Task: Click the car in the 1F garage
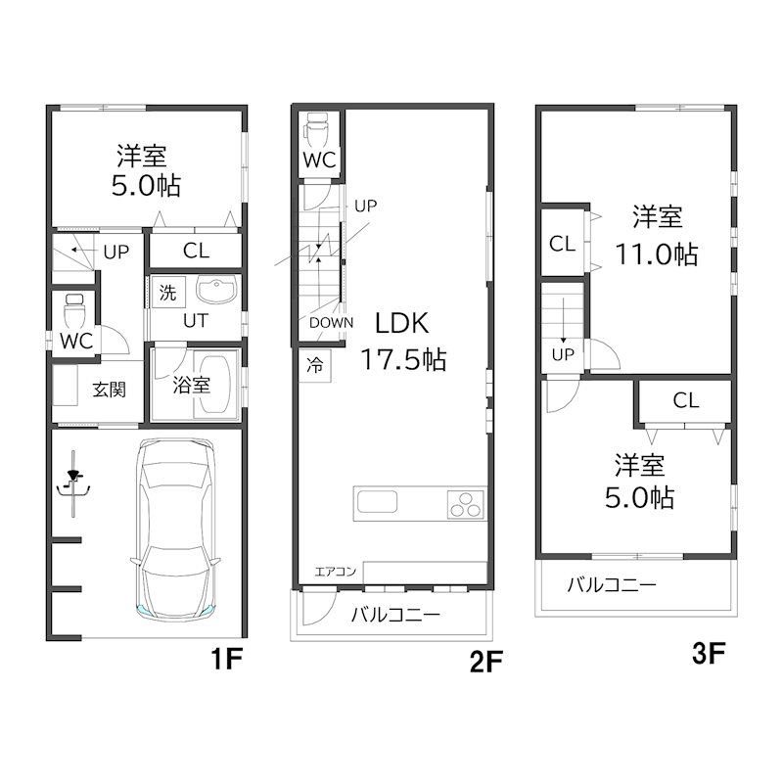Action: click(175, 529)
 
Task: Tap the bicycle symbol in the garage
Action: click(74, 484)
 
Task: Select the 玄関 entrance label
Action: click(110, 390)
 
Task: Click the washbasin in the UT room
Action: click(215, 290)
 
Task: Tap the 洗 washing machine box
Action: click(168, 292)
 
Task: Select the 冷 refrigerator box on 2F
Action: click(315, 366)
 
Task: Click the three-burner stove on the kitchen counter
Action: click(466, 504)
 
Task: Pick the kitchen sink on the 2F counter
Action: click(377, 501)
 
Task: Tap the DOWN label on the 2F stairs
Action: click(331, 323)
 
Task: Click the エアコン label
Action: click(335, 572)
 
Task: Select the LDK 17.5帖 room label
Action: click(403, 342)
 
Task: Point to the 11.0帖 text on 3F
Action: click(656, 254)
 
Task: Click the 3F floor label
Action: click(708, 653)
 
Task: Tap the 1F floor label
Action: click(226, 659)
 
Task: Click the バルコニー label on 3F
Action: click(611, 584)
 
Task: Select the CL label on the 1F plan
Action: click(196, 251)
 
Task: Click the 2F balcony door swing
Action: click(319, 608)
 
